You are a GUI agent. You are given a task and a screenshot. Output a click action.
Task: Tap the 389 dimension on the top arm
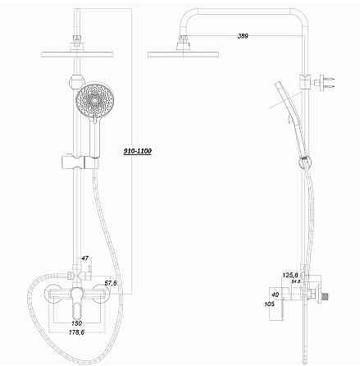pyautogui.click(x=243, y=36)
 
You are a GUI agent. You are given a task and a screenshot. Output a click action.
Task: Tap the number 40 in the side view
pyautogui.click(x=274, y=294)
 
